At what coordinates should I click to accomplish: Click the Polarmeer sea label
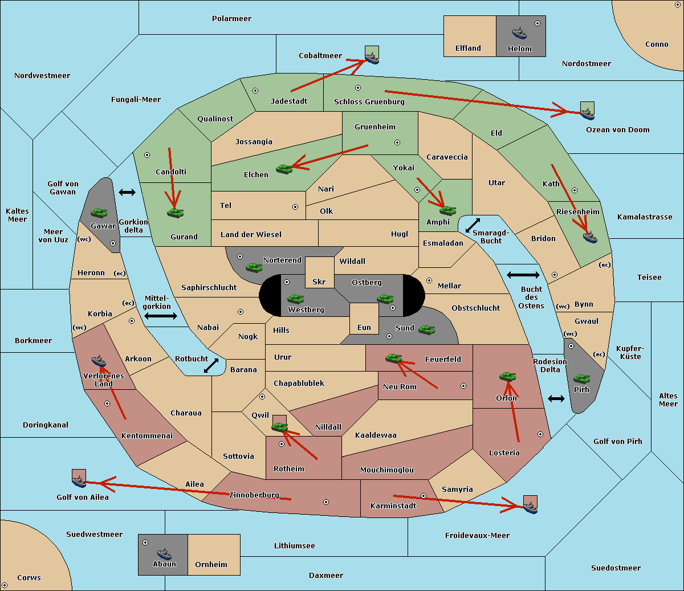pyautogui.click(x=231, y=19)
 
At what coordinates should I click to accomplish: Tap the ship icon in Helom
pyautogui.click(x=519, y=32)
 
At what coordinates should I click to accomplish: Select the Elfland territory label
pyautogui.click(x=468, y=48)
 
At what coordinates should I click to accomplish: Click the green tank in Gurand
pyautogui.click(x=175, y=213)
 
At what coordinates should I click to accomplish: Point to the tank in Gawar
pyautogui.click(x=99, y=213)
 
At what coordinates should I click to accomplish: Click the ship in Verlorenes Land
pyautogui.click(x=99, y=361)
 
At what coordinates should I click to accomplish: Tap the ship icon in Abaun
pyautogui.click(x=164, y=553)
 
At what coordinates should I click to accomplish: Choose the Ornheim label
pyautogui.click(x=211, y=565)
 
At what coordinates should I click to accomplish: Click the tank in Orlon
pyautogui.click(x=507, y=376)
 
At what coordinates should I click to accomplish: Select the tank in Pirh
pyautogui.click(x=581, y=379)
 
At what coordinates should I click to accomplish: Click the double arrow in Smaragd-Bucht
pyautogui.click(x=473, y=226)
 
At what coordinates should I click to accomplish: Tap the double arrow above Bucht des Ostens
pyautogui.click(x=523, y=275)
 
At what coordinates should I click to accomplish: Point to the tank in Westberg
pyautogui.click(x=295, y=299)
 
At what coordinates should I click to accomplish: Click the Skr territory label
pyautogui.click(x=319, y=282)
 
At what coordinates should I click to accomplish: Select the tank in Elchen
pyautogui.click(x=284, y=169)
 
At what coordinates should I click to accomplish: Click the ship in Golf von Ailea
pyautogui.click(x=79, y=482)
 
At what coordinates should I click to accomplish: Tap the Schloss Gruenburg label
pyautogui.click(x=369, y=102)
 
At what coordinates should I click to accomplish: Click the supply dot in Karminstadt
pyautogui.click(x=424, y=496)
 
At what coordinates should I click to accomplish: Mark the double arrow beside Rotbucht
pyautogui.click(x=211, y=366)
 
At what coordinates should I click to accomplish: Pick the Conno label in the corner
pyautogui.click(x=657, y=44)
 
